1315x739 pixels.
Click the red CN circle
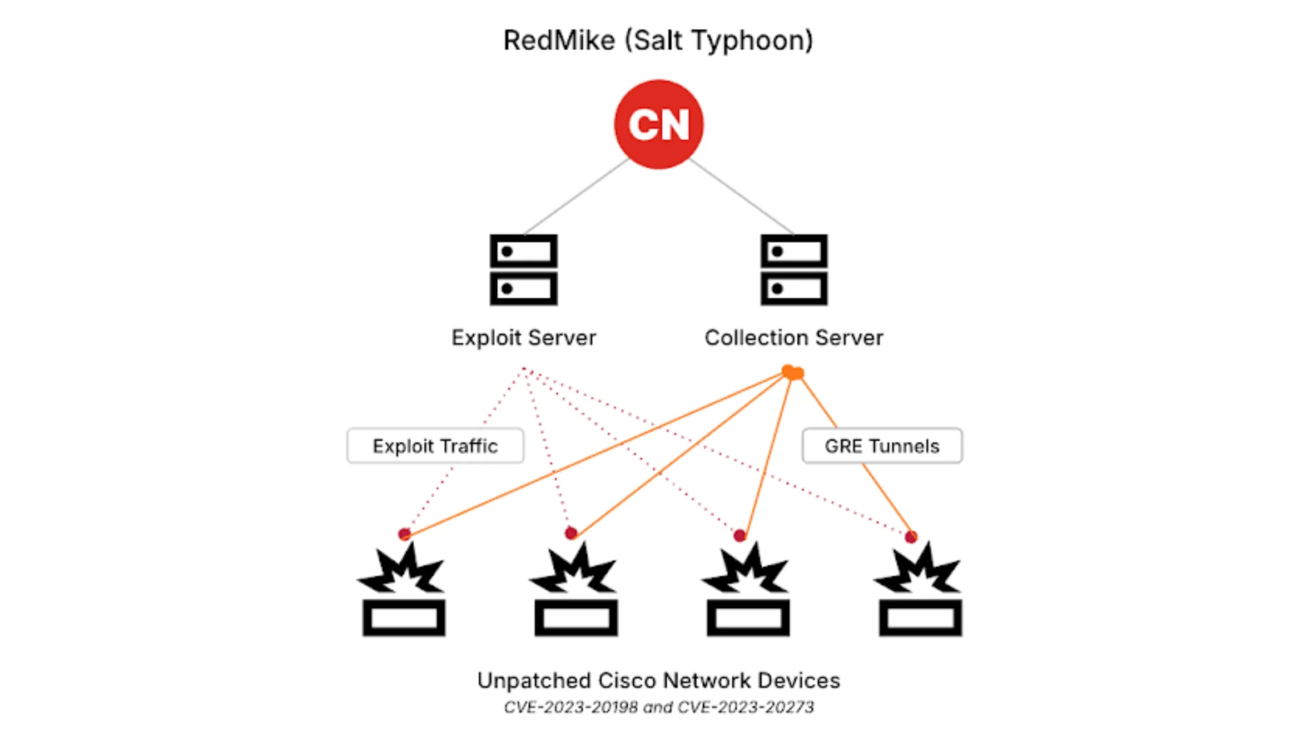pos(659,124)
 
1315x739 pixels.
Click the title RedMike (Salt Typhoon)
pos(658,40)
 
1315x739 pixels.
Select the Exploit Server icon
pos(523,270)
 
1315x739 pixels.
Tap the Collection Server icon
pos(794,270)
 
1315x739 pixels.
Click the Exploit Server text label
pos(523,338)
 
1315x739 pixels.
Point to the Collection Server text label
pos(794,338)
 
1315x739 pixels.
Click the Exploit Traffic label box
pos(436,446)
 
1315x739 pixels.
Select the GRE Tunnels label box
pos(882,446)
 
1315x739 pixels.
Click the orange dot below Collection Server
pos(793,372)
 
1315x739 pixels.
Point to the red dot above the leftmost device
pos(404,534)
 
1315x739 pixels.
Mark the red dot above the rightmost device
pos(911,537)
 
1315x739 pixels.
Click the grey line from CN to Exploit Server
pos(575,197)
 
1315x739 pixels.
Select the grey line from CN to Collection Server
pos(742,197)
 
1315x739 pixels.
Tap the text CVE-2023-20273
pos(746,707)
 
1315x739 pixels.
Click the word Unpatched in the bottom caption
pos(534,681)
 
